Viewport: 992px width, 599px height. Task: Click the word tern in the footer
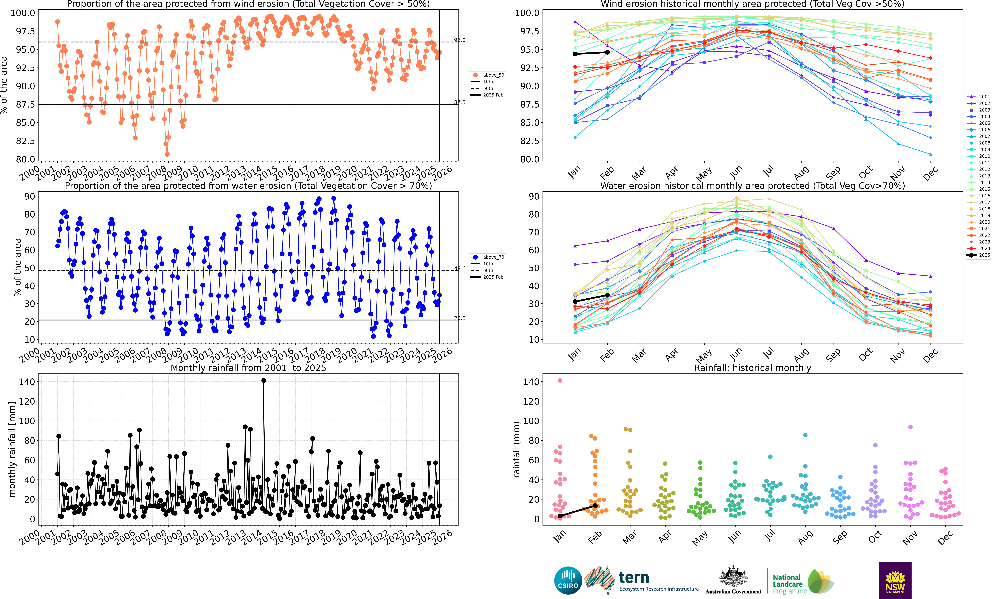point(634,578)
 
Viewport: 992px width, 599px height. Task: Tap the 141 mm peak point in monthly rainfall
point(264,380)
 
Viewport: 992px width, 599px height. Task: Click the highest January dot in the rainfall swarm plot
point(560,380)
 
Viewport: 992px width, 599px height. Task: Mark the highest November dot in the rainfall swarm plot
point(910,427)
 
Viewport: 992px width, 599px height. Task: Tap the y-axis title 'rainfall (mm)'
point(517,449)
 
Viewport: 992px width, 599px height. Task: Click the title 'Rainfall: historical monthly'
point(752,368)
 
